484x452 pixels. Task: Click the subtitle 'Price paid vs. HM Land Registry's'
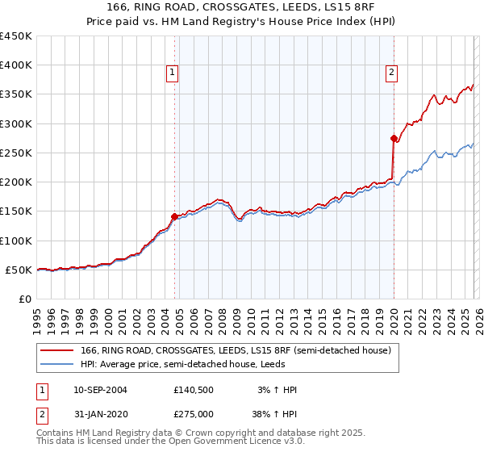coord(241,22)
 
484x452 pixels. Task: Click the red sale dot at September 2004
coord(174,216)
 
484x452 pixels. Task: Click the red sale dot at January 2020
coord(394,138)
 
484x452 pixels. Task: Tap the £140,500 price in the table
coord(193,390)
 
